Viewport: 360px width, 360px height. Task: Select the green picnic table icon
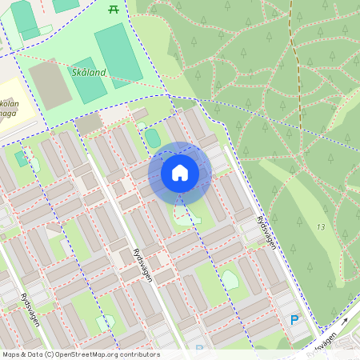point(113,9)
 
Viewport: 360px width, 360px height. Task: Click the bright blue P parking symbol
point(294,321)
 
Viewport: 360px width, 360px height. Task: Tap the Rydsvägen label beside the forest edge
point(266,232)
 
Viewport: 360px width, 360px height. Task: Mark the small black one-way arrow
point(345,322)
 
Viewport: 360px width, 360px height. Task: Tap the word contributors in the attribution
point(141,354)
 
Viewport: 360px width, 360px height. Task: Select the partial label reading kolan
point(8,105)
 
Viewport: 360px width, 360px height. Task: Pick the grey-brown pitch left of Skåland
point(50,84)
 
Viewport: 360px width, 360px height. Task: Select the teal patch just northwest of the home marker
point(152,138)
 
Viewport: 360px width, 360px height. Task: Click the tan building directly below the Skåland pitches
point(88,123)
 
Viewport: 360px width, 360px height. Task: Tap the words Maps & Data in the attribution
point(23,354)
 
